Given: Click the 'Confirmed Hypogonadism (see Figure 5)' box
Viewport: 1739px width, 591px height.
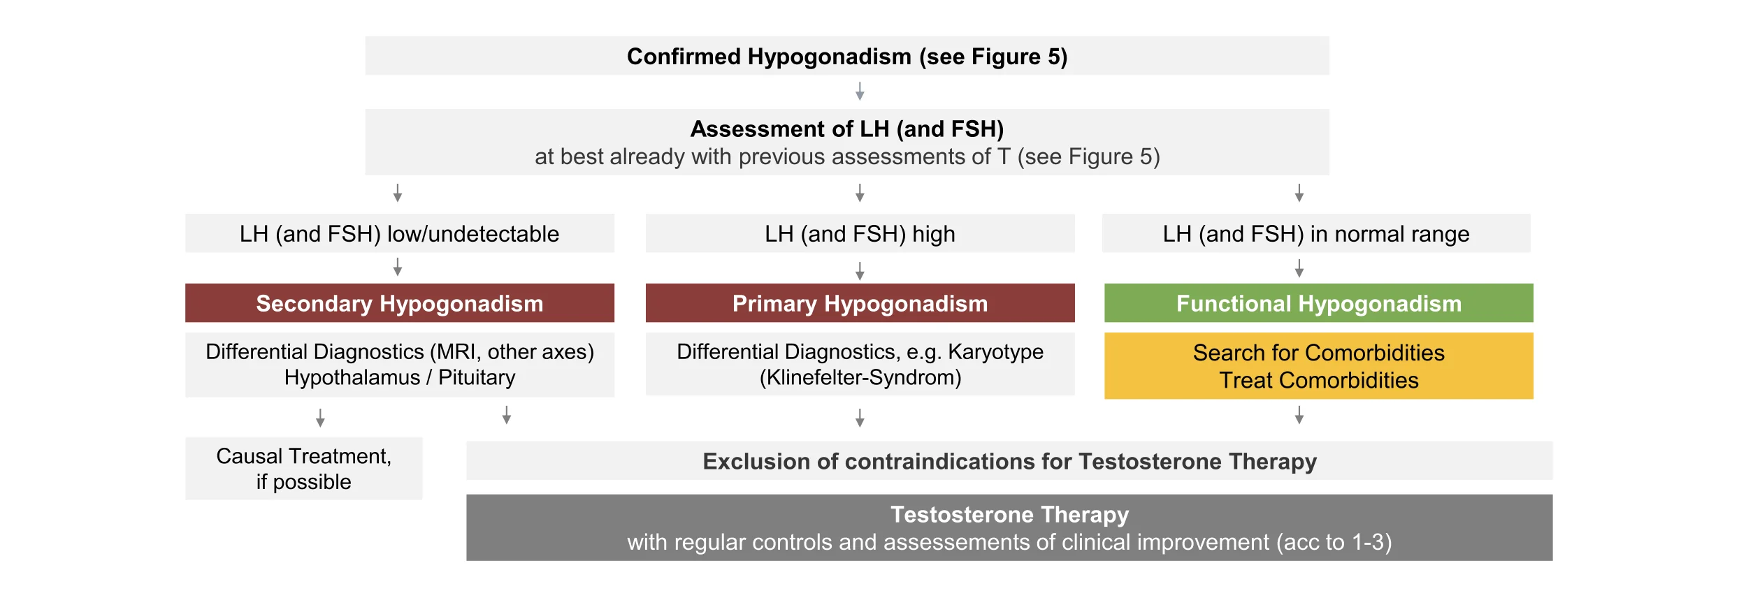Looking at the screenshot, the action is point(846,56).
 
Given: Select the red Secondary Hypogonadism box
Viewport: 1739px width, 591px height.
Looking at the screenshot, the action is point(399,303).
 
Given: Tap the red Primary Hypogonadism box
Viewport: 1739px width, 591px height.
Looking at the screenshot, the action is point(860,303).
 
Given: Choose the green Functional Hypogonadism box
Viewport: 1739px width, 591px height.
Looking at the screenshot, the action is point(1318,303).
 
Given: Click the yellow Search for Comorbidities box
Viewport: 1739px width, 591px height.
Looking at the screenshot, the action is point(1318,366).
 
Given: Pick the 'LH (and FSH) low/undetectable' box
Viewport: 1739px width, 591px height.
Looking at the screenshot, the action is point(399,233).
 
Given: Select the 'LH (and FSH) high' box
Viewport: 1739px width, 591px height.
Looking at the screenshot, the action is point(860,233).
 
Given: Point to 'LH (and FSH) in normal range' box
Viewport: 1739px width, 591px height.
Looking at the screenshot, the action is point(1316,233).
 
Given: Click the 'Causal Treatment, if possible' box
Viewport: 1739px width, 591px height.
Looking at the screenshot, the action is point(303,469).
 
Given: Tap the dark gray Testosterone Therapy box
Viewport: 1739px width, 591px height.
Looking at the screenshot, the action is point(1009,528).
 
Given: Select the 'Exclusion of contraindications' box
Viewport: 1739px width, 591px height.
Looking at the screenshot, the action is point(1009,460).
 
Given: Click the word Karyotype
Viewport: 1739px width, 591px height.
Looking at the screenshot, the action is point(995,352).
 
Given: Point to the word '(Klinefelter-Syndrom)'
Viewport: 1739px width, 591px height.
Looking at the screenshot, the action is point(860,378).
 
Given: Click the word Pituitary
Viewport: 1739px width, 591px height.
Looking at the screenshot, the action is point(477,378).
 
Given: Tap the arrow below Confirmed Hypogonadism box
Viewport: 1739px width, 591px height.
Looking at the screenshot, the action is point(860,92).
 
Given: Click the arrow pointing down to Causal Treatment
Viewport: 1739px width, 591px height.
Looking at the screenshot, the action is point(320,418).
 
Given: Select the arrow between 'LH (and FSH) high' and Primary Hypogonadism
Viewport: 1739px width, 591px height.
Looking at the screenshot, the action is point(860,272).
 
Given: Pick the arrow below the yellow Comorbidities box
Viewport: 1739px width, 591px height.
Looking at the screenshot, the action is point(1299,416).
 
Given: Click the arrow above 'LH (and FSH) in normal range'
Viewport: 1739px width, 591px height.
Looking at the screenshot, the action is point(1299,194).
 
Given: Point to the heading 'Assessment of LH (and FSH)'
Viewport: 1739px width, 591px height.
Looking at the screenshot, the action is point(847,129).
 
